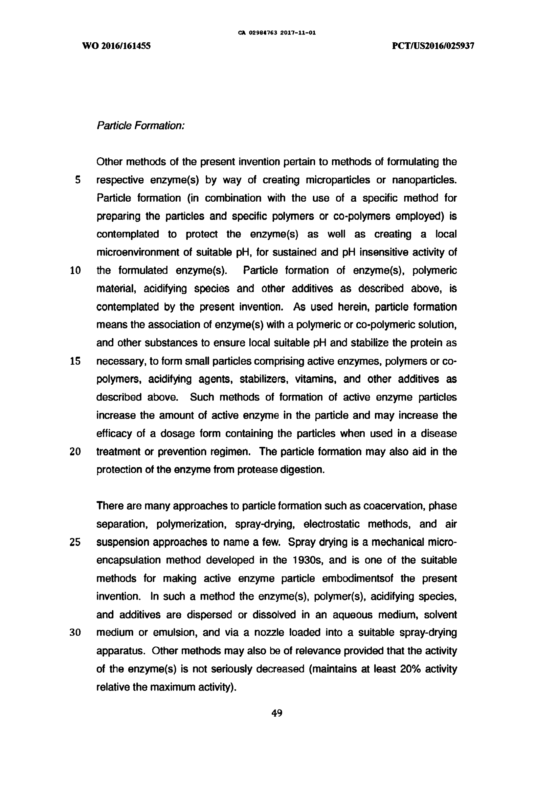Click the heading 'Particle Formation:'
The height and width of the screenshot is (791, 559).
click(x=141, y=126)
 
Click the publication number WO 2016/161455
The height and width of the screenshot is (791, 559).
click(x=116, y=46)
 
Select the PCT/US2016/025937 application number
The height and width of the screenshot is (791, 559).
click(x=433, y=46)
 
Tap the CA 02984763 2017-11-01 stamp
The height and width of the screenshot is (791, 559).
click(x=277, y=33)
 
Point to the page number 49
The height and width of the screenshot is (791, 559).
click(x=277, y=713)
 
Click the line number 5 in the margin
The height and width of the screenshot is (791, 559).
click(x=78, y=180)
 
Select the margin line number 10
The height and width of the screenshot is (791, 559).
click(x=75, y=271)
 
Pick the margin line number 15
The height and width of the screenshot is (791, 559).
click(x=75, y=361)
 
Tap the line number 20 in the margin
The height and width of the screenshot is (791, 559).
click(x=75, y=452)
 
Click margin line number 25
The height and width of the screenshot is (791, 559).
click(x=75, y=543)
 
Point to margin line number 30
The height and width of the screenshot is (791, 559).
click(x=75, y=633)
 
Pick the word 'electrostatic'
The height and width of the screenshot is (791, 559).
click(x=332, y=524)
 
